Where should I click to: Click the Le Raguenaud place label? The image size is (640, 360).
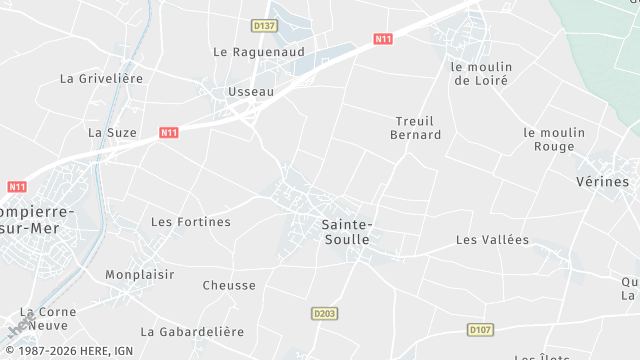[x=258, y=51]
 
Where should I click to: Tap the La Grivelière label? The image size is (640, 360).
[x=102, y=78]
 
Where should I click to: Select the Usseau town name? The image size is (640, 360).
[x=250, y=91]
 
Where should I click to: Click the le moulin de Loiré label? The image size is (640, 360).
[x=481, y=74]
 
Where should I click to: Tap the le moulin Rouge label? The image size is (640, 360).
[x=549, y=139]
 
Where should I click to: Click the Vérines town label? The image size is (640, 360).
[x=603, y=182]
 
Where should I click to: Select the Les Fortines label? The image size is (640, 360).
[x=190, y=221]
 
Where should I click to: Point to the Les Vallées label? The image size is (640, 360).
[x=492, y=239]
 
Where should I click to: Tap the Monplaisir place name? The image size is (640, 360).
[x=140, y=274]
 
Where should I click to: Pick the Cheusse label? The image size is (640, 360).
[x=229, y=285]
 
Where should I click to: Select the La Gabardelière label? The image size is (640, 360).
[x=192, y=331]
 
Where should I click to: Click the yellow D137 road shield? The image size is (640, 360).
[x=264, y=25]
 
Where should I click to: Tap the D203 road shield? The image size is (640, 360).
[x=324, y=313]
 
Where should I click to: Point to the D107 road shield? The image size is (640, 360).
[x=479, y=329]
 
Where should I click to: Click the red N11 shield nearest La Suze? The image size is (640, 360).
[x=168, y=132]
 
